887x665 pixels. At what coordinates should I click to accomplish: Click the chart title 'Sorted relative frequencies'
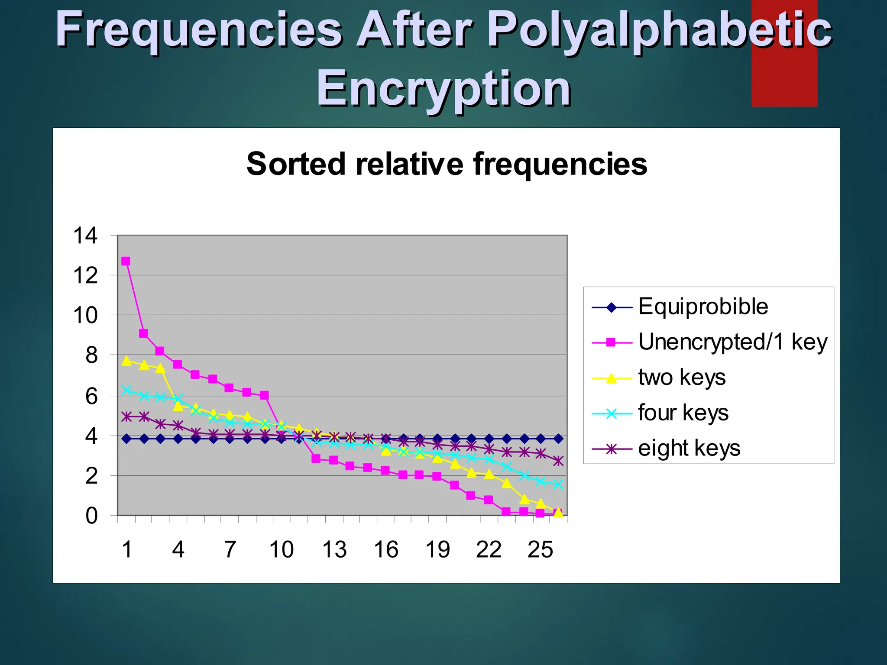click(447, 164)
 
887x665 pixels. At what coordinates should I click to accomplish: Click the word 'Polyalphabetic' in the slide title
click(659, 30)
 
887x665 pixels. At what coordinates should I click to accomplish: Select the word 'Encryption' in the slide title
click(443, 89)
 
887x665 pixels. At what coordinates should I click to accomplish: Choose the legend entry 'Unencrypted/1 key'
click(732, 342)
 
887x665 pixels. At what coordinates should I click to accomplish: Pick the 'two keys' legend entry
click(682, 377)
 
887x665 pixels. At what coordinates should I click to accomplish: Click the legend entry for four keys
click(683, 413)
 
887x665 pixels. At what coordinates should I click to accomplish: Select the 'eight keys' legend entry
click(689, 448)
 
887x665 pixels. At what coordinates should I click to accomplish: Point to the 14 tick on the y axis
click(85, 236)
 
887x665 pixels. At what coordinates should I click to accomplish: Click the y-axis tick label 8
click(91, 355)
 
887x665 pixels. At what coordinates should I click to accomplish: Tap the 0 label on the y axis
click(91, 516)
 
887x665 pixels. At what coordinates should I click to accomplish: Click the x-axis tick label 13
click(334, 550)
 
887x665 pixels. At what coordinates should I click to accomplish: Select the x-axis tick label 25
click(540, 550)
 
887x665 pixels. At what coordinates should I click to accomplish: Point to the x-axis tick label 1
click(126, 550)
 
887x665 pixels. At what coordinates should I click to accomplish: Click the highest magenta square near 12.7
click(126, 261)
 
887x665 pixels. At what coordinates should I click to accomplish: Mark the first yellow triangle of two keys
click(126, 361)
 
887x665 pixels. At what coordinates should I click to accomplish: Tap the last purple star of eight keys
click(558, 461)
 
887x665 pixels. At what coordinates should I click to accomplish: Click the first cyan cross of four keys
click(126, 390)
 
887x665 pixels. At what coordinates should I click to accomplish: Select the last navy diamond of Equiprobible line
click(558, 439)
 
